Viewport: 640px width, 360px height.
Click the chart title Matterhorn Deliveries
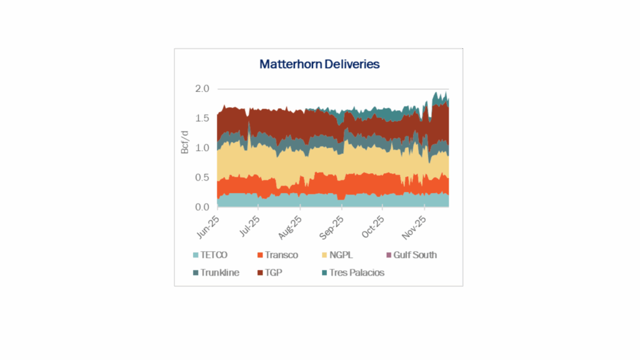tap(319, 64)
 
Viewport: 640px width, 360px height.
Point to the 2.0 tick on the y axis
tap(202, 89)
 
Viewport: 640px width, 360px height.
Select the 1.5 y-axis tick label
tap(202, 118)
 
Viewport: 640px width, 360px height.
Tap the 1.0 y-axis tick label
tap(202, 148)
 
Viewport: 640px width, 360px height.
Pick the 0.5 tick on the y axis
tap(202, 177)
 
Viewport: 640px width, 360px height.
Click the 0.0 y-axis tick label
tap(202, 207)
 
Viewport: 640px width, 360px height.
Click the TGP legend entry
tap(274, 273)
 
